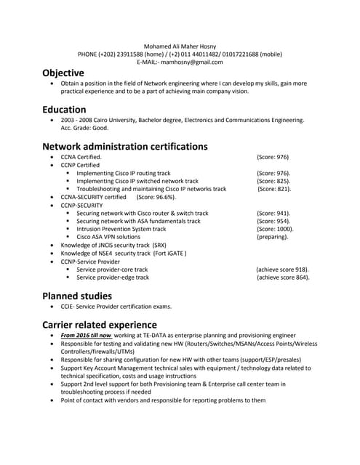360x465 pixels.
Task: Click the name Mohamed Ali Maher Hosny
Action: [x=180, y=46]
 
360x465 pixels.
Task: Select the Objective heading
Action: [x=63, y=73]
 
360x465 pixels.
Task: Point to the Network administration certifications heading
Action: [x=124, y=146]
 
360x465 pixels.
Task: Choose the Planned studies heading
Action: [x=77, y=296]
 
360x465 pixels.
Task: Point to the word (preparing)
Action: [x=272, y=237]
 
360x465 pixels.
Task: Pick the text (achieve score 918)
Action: [x=282, y=270]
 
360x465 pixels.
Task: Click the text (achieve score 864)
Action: [x=282, y=278]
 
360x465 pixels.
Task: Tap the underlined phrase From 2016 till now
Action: [x=86, y=336]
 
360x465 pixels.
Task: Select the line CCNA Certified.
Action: [x=81, y=157]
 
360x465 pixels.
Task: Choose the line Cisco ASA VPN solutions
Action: [x=108, y=237]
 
